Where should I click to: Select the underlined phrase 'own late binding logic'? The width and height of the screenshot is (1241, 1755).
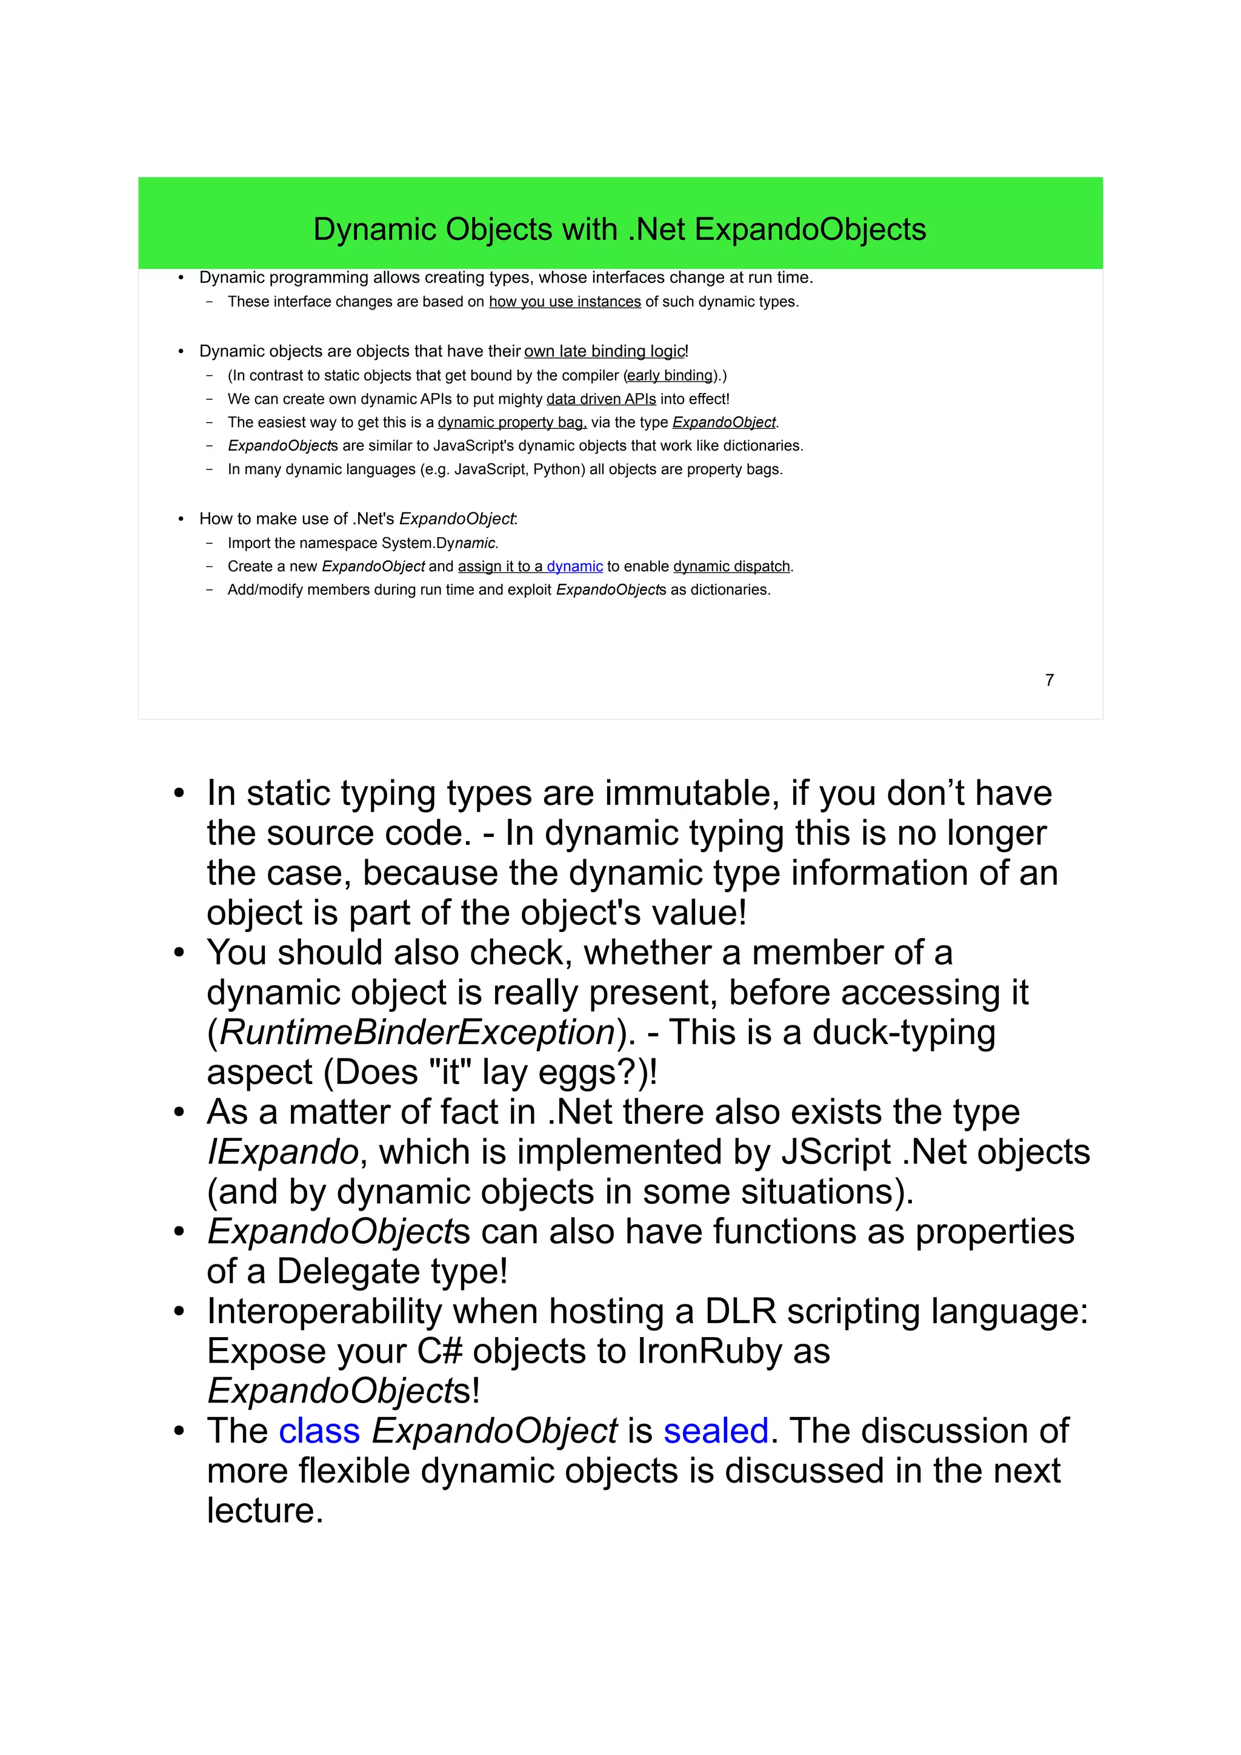pyautogui.click(x=604, y=352)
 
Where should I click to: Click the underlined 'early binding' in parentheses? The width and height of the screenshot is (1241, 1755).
pyautogui.click(x=670, y=375)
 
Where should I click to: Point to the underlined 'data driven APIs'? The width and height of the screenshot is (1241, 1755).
pyautogui.click(x=601, y=399)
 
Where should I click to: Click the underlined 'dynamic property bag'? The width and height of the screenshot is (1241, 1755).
pyautogui.click(x=511, y=423)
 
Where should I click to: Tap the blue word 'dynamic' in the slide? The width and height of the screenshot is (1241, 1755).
pyautogui.click(x=574, y=566)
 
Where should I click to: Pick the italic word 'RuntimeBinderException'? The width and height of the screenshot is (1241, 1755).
pyautogui.click(x=418, y=1033)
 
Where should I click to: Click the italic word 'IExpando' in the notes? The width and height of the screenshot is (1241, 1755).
pyautogui.click(x=283, y=1152)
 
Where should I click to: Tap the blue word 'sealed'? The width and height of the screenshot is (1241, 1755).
pyautogui.click(x=716, y=1431)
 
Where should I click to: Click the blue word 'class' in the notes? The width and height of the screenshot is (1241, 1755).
pyautogui.click(x=319, y=1431)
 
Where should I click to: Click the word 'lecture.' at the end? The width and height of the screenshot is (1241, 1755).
pyautogui.click(x=265, y=1510)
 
